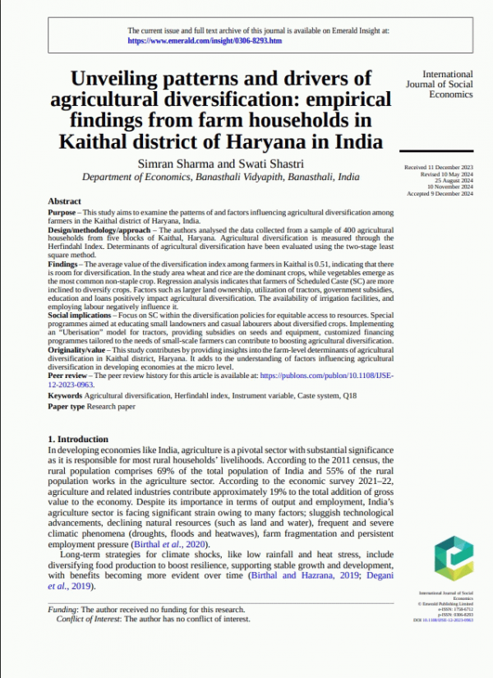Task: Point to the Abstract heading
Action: click(x=64, y=201)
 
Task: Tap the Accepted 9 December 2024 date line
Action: click(x=440, y=194)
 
